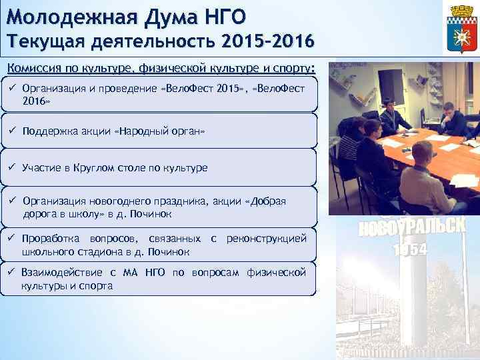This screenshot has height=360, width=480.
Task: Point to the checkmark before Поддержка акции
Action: (13, 131)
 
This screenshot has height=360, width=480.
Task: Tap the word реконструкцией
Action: (267, 238)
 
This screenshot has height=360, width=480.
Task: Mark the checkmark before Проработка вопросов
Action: (13, 238)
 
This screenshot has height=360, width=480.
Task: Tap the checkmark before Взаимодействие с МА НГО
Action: (13, 273)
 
